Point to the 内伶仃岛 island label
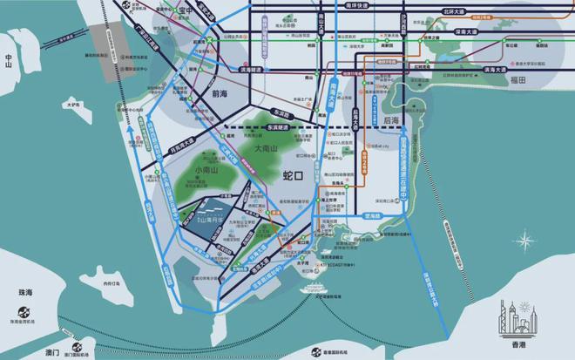click(x=112, y=283)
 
